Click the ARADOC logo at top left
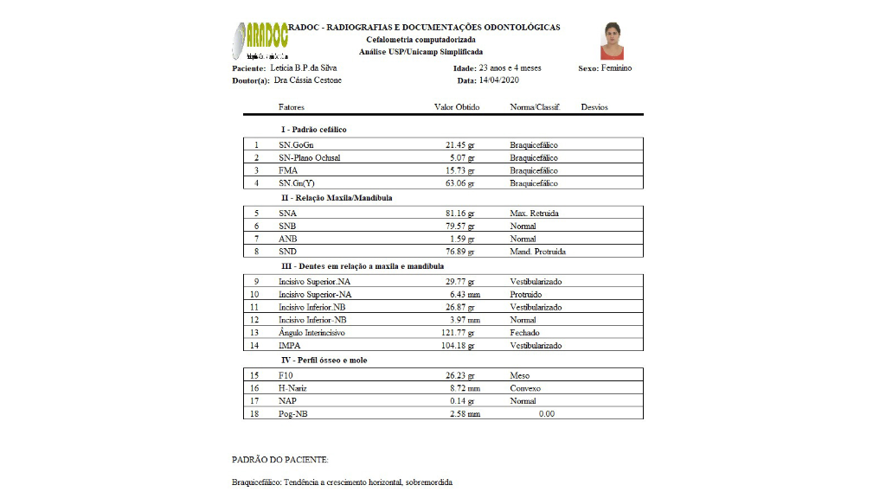[x=260, y=40]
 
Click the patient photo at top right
[x=612, y=41]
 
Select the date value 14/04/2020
[x=499, y=80]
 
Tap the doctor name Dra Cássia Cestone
[x=307, y=80]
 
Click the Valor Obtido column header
[x=456, y=107]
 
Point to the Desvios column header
[x=594, y=107]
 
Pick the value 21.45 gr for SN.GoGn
[x=460, y=145]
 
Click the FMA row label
[x=288, y=170]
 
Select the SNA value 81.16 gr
[x=460, y=213]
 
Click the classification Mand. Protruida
[x=538, y=252]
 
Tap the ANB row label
[x=288, y=239]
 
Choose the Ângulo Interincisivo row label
[x=311, y=333]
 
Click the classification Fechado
[x=524, y=333]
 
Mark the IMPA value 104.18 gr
[x=459, y=346]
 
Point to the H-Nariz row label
[x=292, y=388]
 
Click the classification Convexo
[x=525, y=388]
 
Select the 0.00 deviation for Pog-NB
[x=546, y=414]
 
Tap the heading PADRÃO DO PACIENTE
[x=280, y=460]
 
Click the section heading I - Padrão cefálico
[x=314, y=130]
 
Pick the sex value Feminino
[x=617, y=68]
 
